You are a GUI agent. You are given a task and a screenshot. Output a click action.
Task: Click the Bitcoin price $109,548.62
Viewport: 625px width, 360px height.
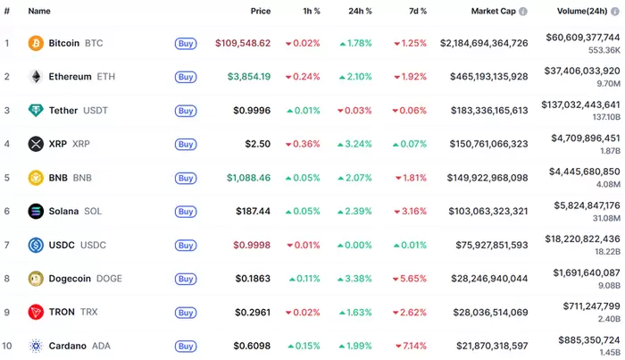pos(243,43)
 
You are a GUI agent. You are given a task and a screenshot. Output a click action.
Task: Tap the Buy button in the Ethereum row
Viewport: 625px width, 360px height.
pos(185,77)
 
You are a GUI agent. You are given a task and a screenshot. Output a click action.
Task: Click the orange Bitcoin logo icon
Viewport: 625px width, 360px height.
pos(36,43)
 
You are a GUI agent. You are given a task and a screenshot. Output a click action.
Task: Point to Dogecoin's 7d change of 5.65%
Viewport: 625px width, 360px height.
pos(410,278)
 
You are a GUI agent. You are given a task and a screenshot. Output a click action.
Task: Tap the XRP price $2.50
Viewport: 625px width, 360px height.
pos(258,144)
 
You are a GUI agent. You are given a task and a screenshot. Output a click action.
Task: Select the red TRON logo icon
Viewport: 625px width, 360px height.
pos(36,312)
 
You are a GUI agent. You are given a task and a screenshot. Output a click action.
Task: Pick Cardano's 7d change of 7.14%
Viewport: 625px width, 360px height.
pos(410,346)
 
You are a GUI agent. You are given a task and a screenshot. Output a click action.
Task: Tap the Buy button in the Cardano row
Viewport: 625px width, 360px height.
pos(185,346)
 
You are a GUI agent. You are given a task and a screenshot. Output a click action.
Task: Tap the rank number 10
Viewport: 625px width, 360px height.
pos(7,346)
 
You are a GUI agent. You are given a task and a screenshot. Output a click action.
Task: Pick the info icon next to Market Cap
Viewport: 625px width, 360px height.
pos(523,12)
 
